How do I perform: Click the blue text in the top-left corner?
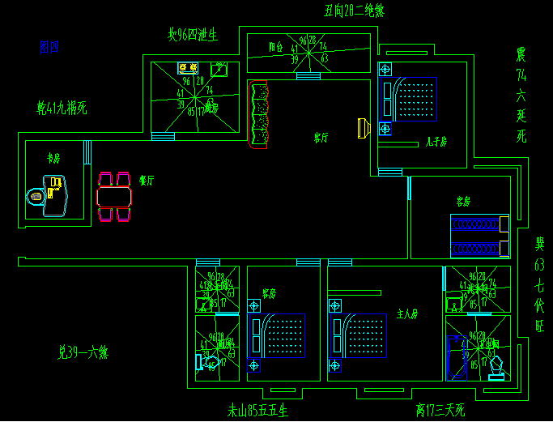click(49, 48)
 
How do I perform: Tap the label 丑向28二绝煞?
click(354, 11)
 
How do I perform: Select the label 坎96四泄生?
click(193, 35)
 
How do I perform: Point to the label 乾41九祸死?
click(62, 107)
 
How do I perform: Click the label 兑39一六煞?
click(83, 352)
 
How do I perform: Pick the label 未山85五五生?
click(257, 411)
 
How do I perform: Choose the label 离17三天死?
click(440, 411)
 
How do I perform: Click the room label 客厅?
click(321, 138)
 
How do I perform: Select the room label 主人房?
click(406, 313)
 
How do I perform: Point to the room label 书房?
click(53, 158)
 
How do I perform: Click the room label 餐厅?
click(146, 180)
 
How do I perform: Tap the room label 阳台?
click(276, 48)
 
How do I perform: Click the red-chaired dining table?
click(113, 197)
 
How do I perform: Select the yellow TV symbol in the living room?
click(363, 127)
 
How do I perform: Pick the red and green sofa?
click(259, 116)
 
